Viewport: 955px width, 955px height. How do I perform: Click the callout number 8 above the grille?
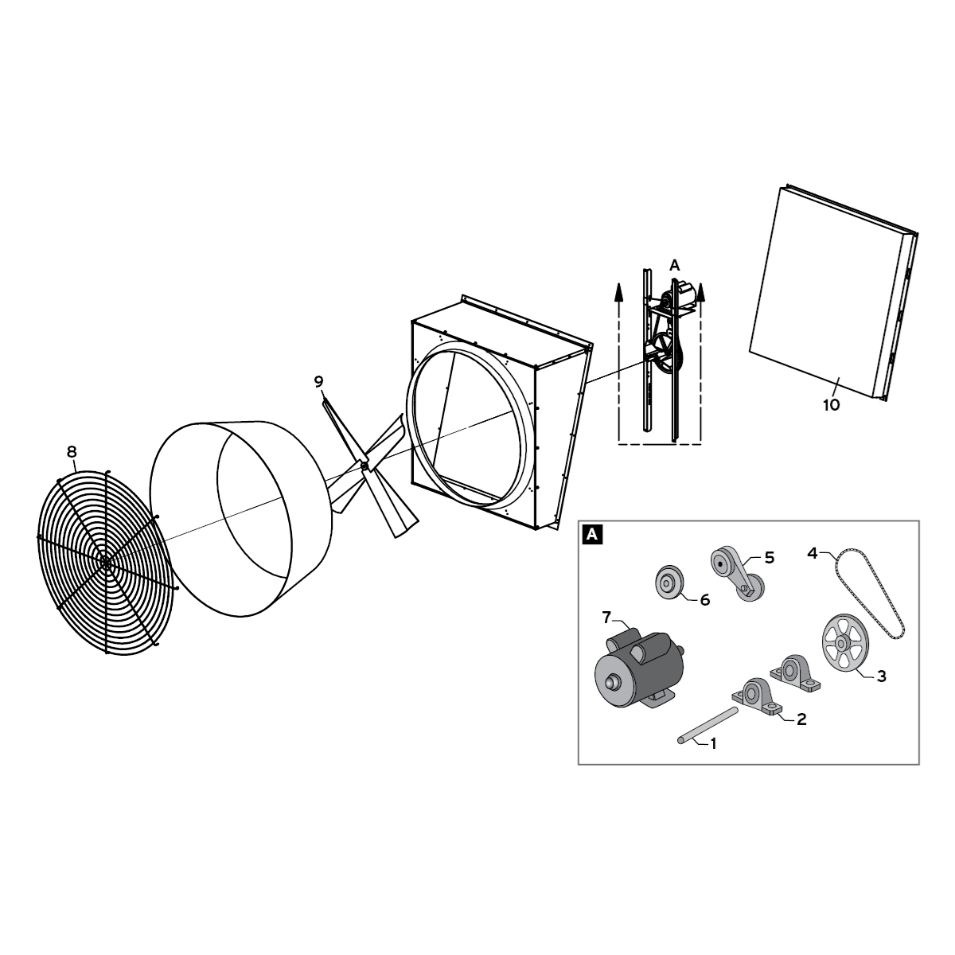click(72, 452)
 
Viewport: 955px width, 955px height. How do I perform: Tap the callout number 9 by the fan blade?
click(319, 382)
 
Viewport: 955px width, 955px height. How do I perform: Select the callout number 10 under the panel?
click(831, 405)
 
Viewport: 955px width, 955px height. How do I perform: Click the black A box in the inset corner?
click(592, 535)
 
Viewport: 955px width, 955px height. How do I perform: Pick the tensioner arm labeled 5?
click(735, 574)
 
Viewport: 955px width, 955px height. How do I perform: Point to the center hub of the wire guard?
click(106, 562)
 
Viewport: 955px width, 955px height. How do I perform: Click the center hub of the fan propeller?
click(364, 464)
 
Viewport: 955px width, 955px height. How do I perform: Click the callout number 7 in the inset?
click(606, 617)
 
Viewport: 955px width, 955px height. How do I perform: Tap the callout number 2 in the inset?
click(801, 719)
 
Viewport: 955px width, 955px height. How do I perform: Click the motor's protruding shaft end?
click(613, 682)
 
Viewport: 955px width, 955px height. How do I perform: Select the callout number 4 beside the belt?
click(813, 552)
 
